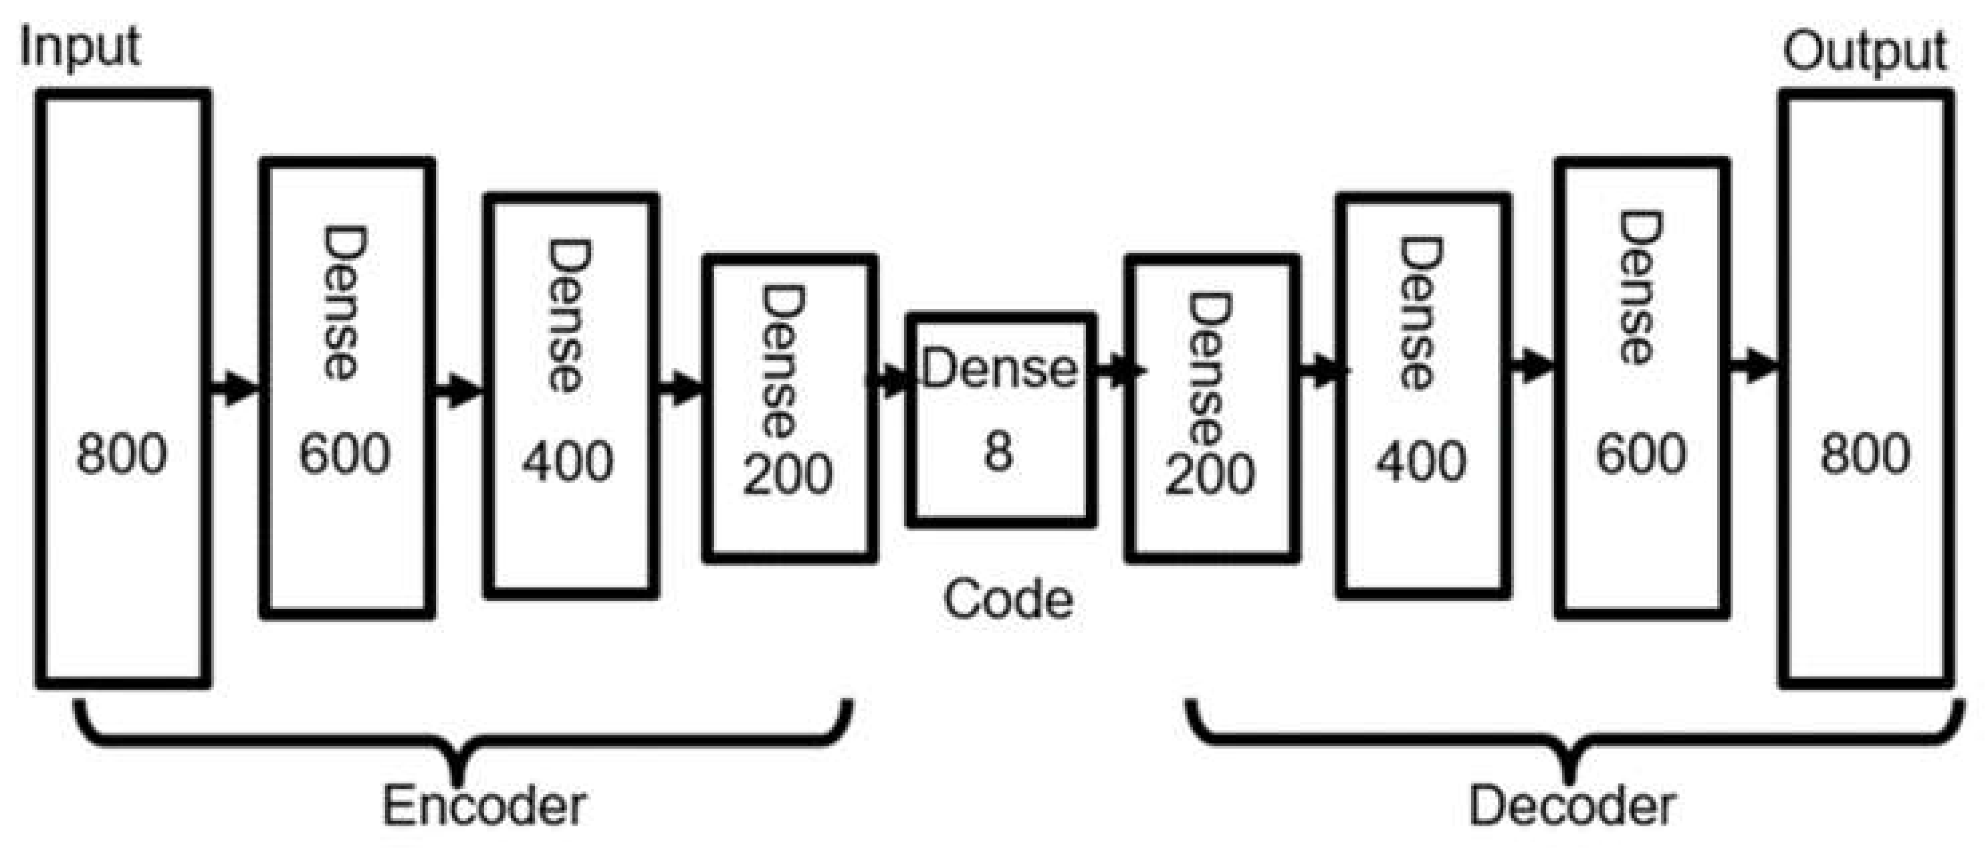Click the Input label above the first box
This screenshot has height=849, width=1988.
[x=80, y=48]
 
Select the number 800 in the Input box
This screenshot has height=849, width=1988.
[x=121, y=454]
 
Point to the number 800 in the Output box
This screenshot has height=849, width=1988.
[x=1865, y=454]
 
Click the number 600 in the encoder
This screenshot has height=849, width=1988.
[x=344, y=454]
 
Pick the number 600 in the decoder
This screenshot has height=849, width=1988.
[x=1641, y=454]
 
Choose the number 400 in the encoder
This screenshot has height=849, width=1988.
[x=568, y=462]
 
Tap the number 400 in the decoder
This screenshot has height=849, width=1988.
[x=1421, y=462]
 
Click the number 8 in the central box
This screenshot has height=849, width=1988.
[x=998, y=451]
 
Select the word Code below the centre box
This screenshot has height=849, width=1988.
[x=1008, y=599]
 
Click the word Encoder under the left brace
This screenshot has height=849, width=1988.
[x=484, y=806]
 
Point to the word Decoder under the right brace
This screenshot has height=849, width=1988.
[x=1572, y=806]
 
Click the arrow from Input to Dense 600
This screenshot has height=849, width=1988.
[x=235, y=387]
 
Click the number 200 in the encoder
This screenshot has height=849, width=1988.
[x=787, y=474]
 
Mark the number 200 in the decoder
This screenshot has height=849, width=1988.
[x=1209, y=474]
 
